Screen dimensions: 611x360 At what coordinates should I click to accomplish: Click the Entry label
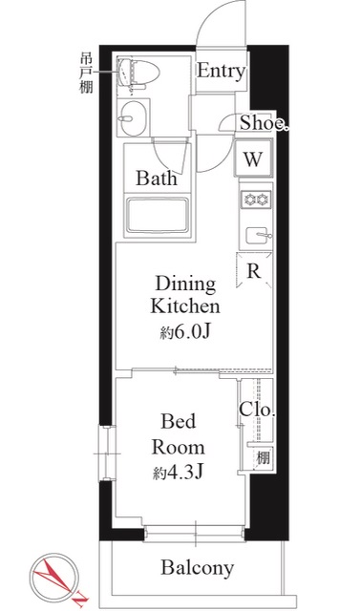[221, 72]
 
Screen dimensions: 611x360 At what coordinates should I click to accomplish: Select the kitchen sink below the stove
[255, 235]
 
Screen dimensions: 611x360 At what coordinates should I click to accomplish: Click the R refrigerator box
[253, 271]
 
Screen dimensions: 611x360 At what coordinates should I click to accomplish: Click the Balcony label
[197, 570]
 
